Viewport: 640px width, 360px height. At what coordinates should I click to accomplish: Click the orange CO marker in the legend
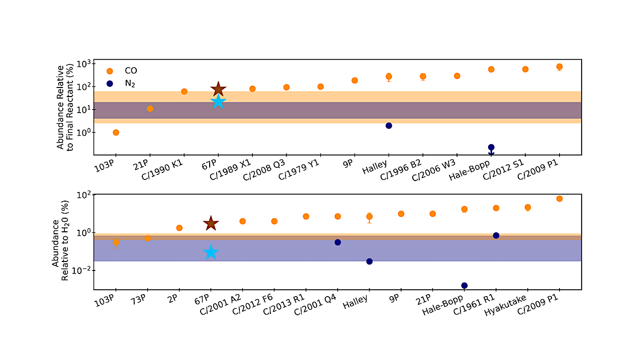pos(110,71)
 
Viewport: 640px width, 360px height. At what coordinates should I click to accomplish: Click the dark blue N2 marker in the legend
pos(110,83)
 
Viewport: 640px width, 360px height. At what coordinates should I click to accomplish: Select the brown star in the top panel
pos(218,89)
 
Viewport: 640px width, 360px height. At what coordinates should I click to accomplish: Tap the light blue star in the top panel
pos(218,102)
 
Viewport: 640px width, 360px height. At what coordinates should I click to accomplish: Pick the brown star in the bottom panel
pos(211,224)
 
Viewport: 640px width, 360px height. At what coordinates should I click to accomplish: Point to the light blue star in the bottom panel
pos(211,252)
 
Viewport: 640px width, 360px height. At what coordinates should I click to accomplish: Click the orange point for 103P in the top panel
pos(116,133)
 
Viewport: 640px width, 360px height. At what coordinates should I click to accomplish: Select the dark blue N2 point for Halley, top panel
pos(389,126)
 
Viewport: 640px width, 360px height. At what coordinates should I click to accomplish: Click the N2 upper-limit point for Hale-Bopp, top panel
pos(491,147)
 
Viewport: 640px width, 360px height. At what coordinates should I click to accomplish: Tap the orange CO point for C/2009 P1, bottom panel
pos(560,199)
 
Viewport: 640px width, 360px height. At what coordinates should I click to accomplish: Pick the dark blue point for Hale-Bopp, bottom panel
pos(464,286)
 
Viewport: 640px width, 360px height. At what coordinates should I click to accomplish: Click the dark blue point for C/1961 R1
pos(496,235)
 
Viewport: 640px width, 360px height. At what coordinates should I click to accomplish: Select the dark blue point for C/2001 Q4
pos(337,242)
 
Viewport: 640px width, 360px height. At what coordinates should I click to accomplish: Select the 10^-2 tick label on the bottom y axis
pos(81,271)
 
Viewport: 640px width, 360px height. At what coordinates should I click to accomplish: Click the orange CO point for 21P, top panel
pos(150,109)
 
